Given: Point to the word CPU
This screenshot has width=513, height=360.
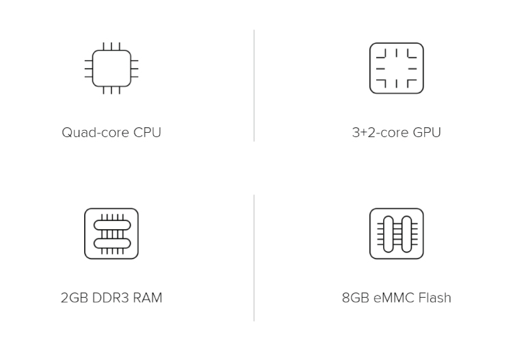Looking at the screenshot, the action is pyautogui.click(x=147, y=133).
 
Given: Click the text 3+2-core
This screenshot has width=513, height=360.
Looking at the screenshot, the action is pyautogui.click(x=380, y=133).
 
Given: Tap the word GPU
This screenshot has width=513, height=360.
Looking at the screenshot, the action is pyautogui.click(x=427, y=133).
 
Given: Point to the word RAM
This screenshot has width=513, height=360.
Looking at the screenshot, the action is pyautogui.click(x=147, y=298).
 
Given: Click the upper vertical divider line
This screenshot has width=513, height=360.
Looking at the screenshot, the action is pyautogui.click(x=254, y=86).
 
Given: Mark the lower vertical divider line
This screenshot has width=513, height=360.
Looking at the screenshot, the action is pyautogui.click(x=254, y=258).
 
